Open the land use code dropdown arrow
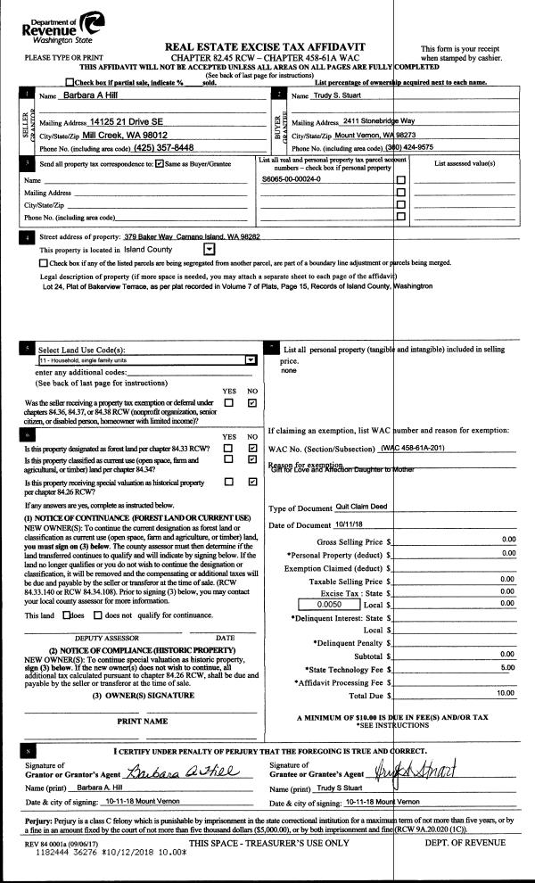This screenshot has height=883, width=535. tap(251, 359)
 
